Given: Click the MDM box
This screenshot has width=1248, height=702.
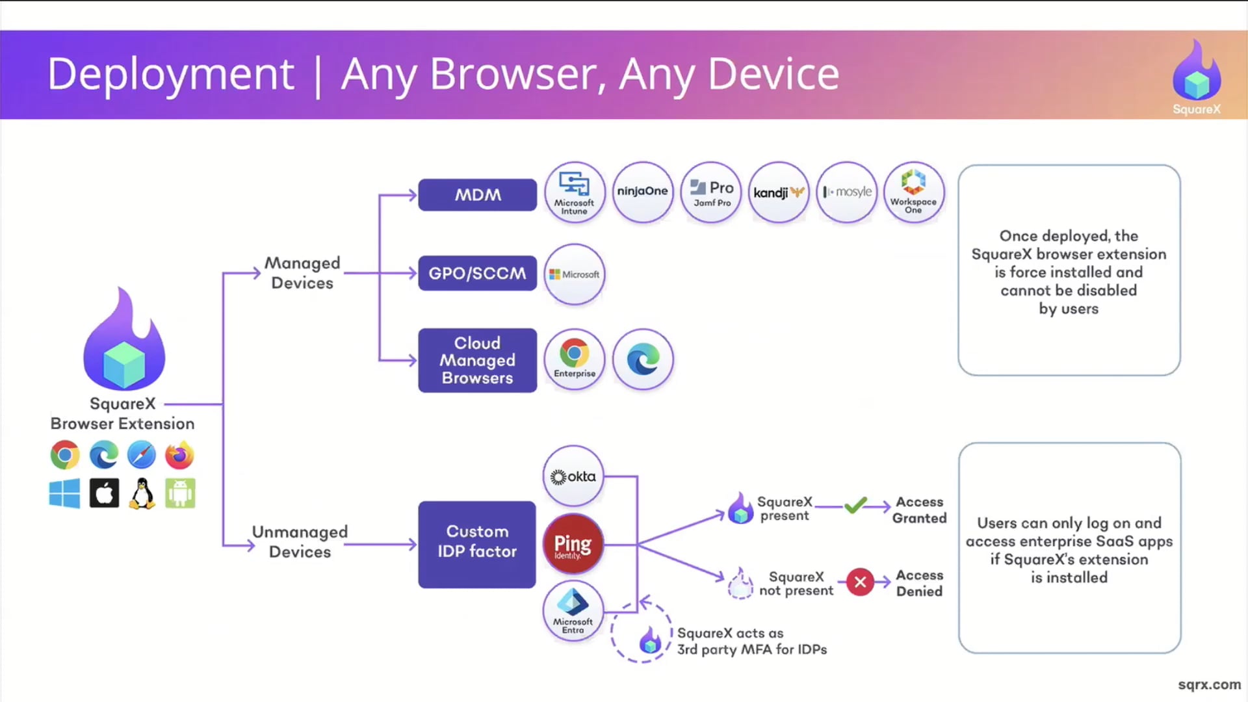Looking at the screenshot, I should point(477,195).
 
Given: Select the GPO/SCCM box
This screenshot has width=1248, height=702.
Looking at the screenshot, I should point(477,273).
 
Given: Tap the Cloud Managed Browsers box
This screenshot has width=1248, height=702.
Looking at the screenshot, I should point(477,360).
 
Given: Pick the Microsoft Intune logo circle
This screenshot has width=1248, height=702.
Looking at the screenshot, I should point(575,192).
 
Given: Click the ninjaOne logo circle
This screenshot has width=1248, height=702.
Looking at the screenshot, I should point(643,192).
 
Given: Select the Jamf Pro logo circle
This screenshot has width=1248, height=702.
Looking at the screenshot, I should point(711,192).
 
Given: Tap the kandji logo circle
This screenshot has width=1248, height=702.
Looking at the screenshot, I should point(779,192).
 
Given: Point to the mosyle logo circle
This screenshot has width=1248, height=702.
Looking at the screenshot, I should point(847,192).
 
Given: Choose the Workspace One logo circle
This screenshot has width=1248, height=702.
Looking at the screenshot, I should point(914,192).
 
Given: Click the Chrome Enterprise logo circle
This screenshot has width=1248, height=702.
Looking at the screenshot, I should point(575,359).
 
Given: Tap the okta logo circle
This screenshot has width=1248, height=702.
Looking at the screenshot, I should point(573,476).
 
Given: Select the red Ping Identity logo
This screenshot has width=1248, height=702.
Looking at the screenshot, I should point(573,544).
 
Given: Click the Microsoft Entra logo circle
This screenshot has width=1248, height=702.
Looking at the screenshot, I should point(573,611).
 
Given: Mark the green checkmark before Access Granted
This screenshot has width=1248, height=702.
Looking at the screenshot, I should point(855,505).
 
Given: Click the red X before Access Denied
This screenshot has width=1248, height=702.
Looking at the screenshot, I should point(860,582).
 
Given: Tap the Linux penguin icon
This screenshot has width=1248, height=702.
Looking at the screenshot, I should point(142,494).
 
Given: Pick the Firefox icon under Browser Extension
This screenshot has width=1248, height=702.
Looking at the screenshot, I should point(179,455).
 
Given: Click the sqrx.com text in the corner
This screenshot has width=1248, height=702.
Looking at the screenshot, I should point(1209,684).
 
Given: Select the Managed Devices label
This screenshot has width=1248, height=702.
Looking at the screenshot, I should point(302,273).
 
